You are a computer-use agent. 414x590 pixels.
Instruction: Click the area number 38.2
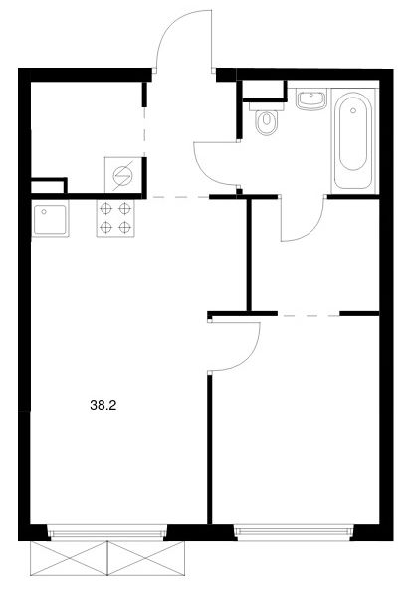click(x=103, y=405)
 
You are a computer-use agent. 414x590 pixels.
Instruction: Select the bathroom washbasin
click(x=310, y=99)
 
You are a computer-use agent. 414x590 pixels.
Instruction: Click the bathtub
click(x=353, y=140)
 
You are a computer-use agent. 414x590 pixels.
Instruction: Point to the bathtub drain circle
click(x=353, y=110)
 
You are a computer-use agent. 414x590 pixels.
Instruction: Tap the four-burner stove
click(x=115, y=218)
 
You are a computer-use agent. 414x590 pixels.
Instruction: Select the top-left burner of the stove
click(x=106, y=208)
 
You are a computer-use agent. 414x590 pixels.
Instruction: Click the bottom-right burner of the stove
click(x=124, y=227)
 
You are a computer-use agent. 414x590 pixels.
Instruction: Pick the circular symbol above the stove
click(x=122, y=175)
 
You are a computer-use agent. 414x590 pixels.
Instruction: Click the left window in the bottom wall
click(x=108, y=533)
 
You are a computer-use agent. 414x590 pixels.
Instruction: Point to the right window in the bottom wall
click(x=294, y=533)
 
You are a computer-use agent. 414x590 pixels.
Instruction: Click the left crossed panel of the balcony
click(x=70, y=558)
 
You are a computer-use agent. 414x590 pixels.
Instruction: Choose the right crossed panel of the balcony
click(x=146, y=558)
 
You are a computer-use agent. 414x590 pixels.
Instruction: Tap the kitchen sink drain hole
click(x=44, y=212)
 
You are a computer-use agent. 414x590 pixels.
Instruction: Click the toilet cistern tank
click(x=267, y=106)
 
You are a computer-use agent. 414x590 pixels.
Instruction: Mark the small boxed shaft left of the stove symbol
click(x=47, y=186)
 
